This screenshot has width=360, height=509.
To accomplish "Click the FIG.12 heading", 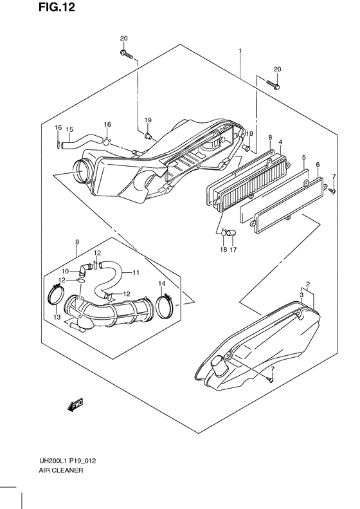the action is coord(57,7).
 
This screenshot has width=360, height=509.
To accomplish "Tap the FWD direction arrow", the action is coord(75,405).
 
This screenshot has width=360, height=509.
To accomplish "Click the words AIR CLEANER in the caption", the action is coord(60,470).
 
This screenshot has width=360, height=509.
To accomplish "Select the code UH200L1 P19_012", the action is coord(67,461).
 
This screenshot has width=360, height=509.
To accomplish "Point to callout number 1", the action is coord(240,51).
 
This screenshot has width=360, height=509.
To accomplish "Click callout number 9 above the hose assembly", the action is coord(77,242).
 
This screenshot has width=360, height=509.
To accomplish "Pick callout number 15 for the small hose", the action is coord(69,129).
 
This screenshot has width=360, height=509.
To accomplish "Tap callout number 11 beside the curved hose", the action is coord(136,272).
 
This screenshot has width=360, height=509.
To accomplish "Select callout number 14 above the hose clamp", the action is coord(162,284).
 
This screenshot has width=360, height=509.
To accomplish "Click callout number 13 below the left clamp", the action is coord(57,317).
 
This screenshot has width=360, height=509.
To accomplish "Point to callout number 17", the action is coord(233,249).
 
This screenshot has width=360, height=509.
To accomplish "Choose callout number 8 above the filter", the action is coord(270,138).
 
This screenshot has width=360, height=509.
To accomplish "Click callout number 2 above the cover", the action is coord(308,284).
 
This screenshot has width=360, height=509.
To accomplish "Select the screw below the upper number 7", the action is coord(332,190).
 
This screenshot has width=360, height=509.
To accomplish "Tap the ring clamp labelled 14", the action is coord(165,306).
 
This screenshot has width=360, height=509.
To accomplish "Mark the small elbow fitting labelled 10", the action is coord(85,267).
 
